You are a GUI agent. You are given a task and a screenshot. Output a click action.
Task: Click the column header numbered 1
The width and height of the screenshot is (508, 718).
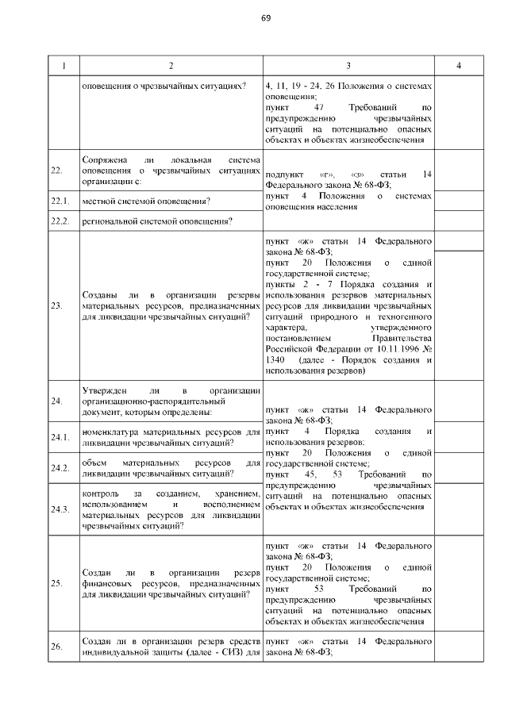pos(63,65)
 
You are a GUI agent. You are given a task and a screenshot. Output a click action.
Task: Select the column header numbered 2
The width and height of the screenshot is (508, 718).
pos(171,65)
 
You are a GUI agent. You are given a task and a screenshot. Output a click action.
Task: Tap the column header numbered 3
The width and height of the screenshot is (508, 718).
pos(348,65)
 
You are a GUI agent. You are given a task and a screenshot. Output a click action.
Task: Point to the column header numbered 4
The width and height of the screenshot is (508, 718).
pos(459,65)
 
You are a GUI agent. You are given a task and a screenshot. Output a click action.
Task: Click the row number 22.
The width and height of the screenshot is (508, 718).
pos(57,170)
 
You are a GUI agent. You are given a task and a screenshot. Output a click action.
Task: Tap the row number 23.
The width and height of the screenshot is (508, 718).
pos(57,305)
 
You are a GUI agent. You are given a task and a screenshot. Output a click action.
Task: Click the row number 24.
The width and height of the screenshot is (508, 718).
pos(57,401)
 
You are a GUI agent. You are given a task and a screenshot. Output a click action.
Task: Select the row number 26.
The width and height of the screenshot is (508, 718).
pos(57,647)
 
